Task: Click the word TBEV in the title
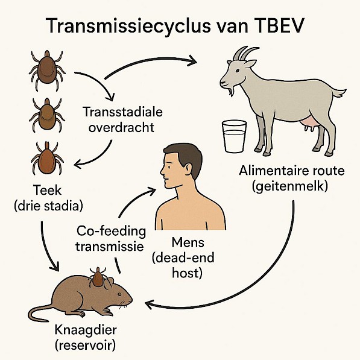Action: click(x=278, y=25)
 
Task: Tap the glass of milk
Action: click(x=234, y=136)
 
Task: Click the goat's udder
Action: click(x=310, y=123)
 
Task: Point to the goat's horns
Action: click(x=245, y=53)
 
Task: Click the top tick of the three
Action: click(x=47, y=70)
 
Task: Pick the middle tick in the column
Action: click(x=47, y=115)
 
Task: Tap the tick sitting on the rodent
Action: click(x=98, y=278)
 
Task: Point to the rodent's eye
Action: click(x=119, y=294)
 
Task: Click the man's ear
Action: click(x=188, y=170)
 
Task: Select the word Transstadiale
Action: click(x=122, y=112)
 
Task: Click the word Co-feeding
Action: click(x=111, y=231)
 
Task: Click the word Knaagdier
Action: click(x=86, y=330)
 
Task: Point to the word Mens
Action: click(x=188, y=242)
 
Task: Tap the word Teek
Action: click(x=48, y=191)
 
